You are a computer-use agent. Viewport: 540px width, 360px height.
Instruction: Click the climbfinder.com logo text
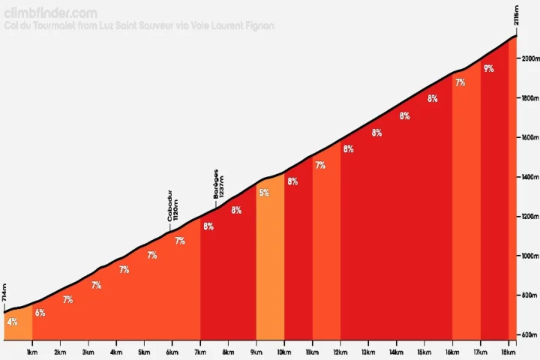(x=50, y=13)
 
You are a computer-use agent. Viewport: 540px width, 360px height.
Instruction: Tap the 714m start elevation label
(x=5, y=293)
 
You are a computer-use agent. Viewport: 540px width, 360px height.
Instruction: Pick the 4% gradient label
(x=12, y=322)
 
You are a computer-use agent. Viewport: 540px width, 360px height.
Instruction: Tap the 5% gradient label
(x=264, y=193)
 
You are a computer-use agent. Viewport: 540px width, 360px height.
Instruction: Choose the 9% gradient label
(x=488, y=69)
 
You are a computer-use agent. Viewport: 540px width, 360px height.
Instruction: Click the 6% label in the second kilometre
(x=40, y=313)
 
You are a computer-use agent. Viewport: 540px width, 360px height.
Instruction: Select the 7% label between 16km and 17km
(x=460, y=82)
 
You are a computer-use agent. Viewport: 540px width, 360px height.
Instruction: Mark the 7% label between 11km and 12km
(x=320, y=165)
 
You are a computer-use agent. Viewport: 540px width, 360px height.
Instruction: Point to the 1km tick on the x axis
(x=32, y=352)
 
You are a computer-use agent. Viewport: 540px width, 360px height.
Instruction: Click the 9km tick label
(x=256, y=352)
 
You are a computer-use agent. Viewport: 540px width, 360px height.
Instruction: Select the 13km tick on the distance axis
(x=368, y=352)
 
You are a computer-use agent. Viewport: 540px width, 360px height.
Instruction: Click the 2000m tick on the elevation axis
(x=529, y=59)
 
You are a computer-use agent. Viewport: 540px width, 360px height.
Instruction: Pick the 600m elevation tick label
(x=529, y=335)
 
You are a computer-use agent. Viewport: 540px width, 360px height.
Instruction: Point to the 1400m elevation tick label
(x=529, y=177)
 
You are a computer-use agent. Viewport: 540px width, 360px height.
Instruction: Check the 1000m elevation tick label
(x=529, y=256)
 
